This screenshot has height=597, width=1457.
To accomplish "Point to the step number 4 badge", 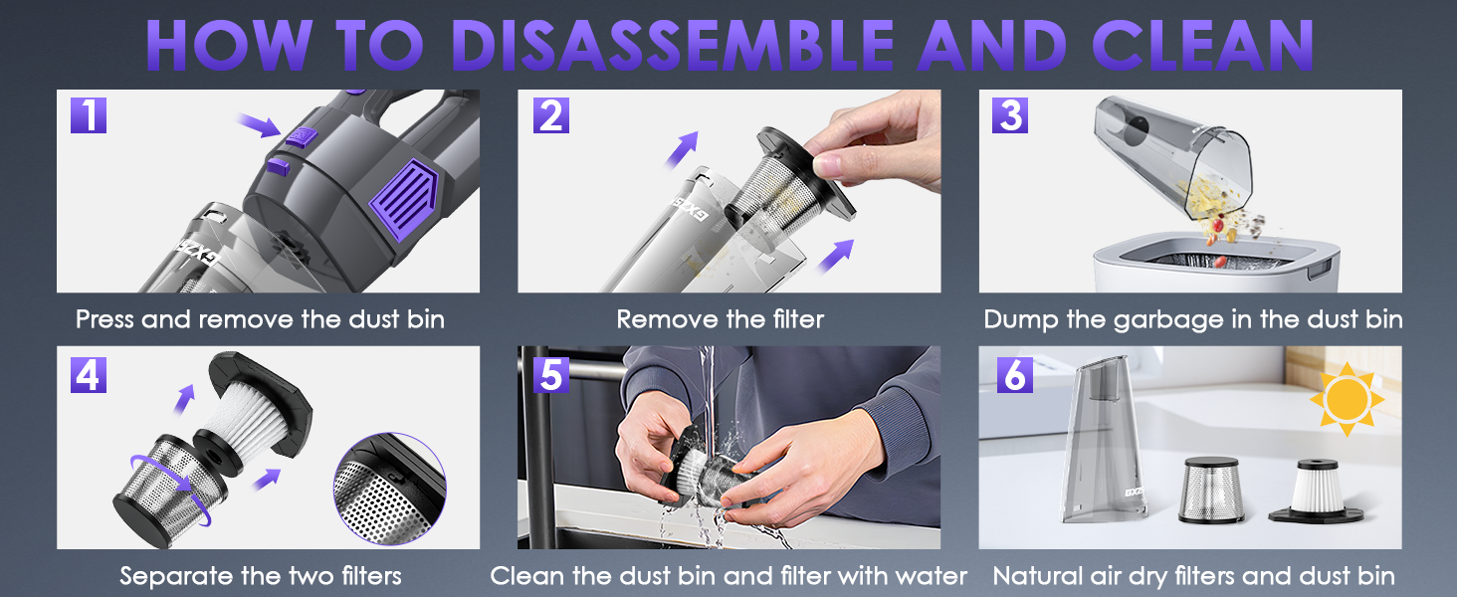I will pyautogui.click(x=89, y=374).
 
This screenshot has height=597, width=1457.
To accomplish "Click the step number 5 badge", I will pyautogui.click(x=550, y=374).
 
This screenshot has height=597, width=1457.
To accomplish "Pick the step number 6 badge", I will pyautogui.click(x=1012, y=374).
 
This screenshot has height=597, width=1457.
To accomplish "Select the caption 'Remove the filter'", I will pyautogui.click(x=721, y=319).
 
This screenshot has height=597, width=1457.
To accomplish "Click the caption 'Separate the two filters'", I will pyautogui.click(x=261, y=575).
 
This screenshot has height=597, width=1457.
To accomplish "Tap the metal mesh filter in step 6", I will pyautogui.click(x=1210, y=491).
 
